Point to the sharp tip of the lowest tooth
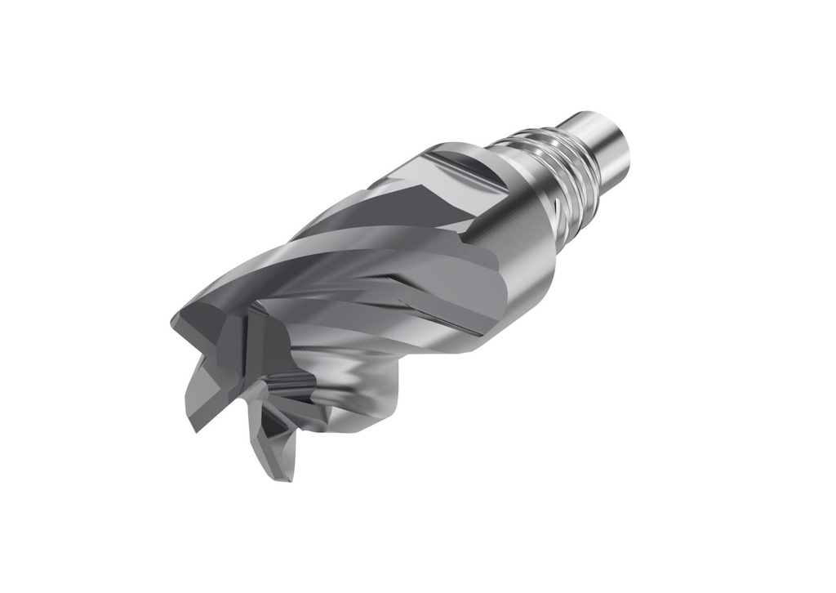[x=286, y=478]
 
